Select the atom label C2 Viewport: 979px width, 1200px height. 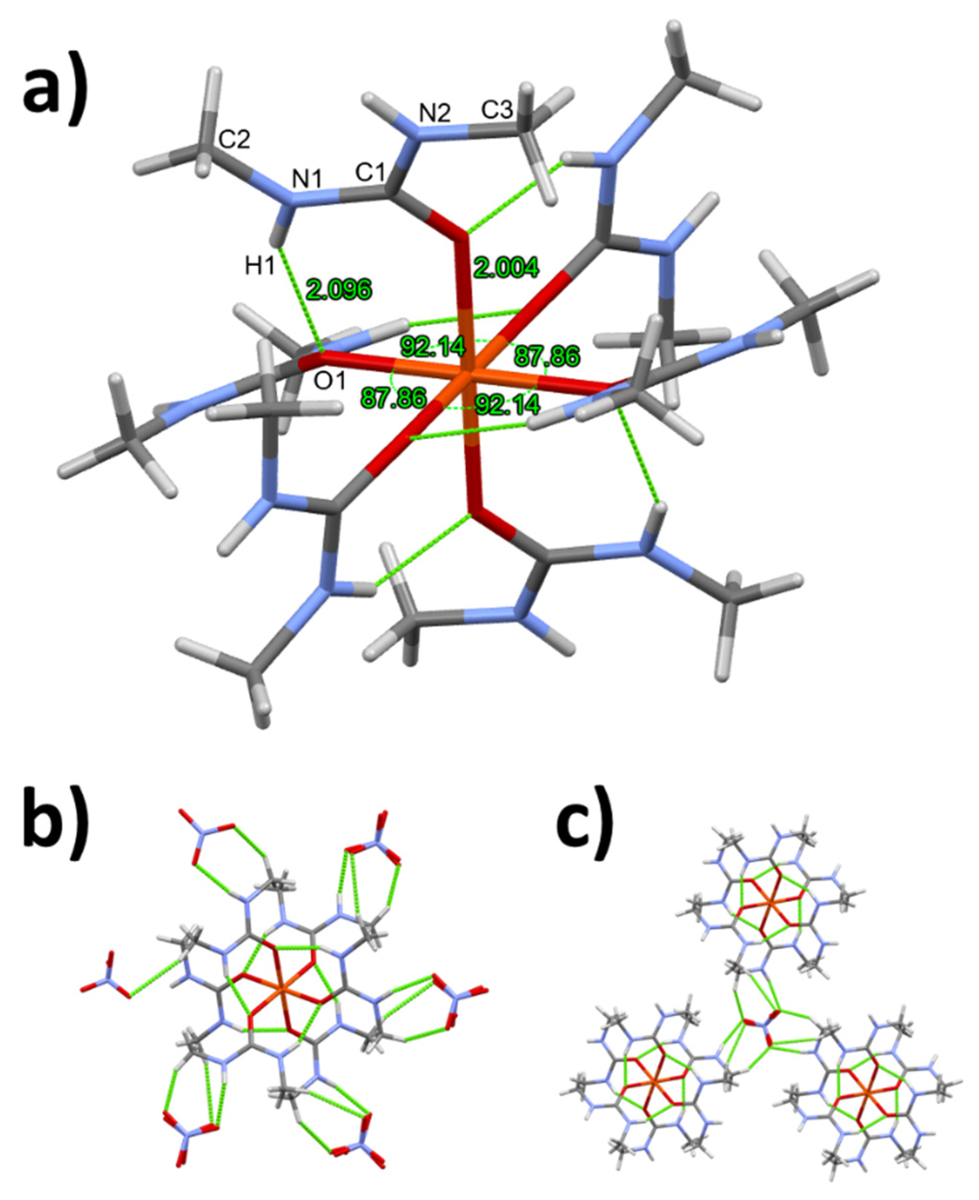click(234, 139)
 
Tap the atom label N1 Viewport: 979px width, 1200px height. click(307, 180)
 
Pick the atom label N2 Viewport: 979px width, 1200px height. click(435, 115)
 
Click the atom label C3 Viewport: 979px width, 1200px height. click(497, 111)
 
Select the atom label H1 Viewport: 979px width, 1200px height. click(260, 266)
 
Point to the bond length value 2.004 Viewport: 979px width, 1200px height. click(506, 267)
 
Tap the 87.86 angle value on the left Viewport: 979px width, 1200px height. click(394, 398)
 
